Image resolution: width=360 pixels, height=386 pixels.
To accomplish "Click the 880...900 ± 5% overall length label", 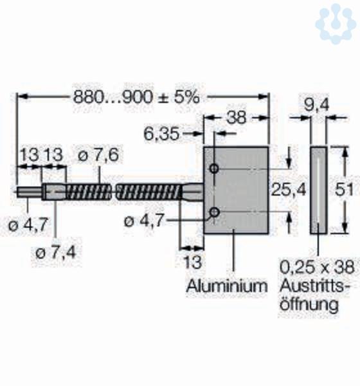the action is tap(136, 97).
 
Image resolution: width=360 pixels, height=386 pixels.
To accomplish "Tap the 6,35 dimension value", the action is tap(161, 134).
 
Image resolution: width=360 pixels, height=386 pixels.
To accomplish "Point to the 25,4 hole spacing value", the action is tap(289, 190).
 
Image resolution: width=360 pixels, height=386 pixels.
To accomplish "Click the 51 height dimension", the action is tap(344, 190).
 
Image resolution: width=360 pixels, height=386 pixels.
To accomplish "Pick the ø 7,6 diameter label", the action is tap(98, 155).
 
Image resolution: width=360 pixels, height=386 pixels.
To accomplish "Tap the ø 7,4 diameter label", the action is tap(56, 253).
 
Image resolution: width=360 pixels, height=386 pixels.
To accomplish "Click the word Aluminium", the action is tap(227, 286).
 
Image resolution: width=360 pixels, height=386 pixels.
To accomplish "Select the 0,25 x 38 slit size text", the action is tap(317, 268).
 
